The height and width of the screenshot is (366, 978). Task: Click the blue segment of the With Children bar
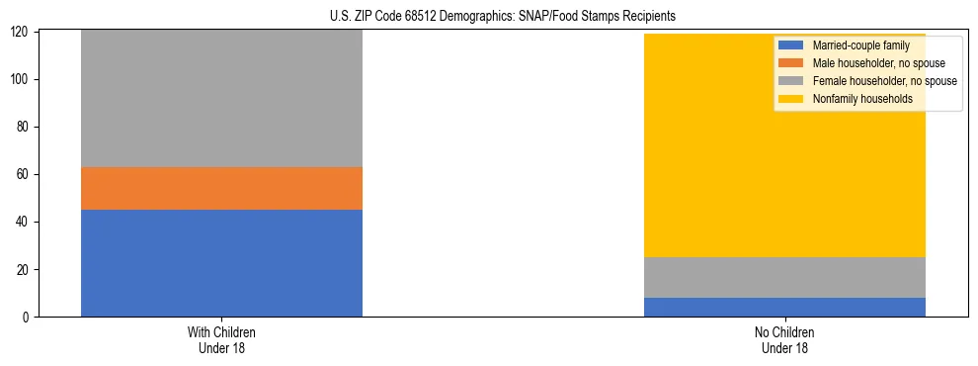[221, 263]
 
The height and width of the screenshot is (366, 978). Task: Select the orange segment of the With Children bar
[221, 188]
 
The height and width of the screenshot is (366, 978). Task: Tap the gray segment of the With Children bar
[221, 98]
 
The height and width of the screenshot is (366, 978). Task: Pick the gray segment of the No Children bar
[784, 277]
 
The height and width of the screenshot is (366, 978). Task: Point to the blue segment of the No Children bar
[784, 308]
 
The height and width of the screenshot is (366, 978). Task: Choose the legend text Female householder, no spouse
[884, 81]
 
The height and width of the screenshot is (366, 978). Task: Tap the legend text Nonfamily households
[862, 99]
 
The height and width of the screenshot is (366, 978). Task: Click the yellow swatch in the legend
[791, 99]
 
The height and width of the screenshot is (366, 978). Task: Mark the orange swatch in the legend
[791, 63]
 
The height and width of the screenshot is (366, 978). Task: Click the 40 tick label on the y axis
[26, 223]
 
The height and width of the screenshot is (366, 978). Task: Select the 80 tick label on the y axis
[26, 128]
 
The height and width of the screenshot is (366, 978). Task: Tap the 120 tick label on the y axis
[23, 32]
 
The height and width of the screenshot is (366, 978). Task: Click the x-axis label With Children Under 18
[221, 339]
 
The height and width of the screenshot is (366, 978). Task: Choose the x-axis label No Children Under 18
[784, 339]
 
